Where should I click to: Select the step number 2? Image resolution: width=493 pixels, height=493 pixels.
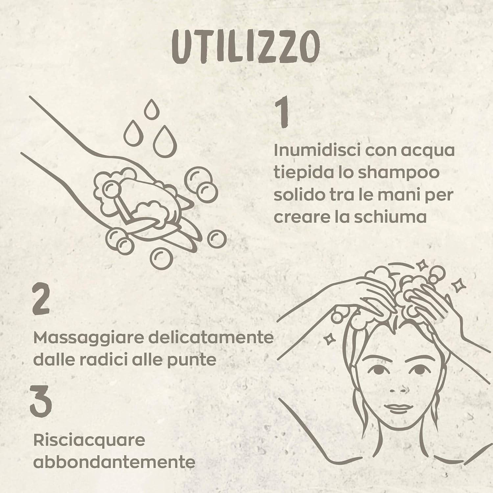[41, 298]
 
